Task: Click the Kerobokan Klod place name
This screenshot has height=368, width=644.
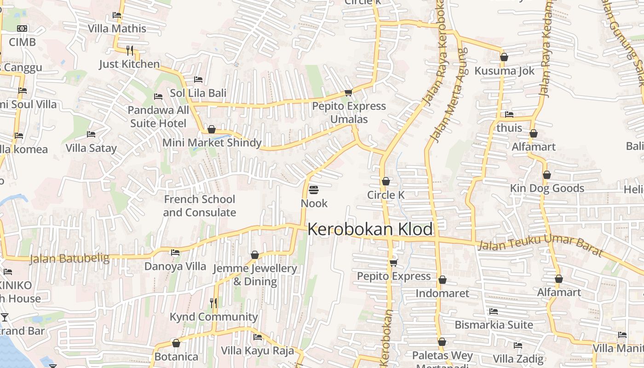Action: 370,229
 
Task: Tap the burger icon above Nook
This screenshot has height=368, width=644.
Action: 314,190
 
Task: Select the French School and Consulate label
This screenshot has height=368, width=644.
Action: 200,206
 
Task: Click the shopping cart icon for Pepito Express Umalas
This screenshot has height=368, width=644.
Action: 349,93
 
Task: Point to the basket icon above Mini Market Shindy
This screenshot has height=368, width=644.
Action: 212,129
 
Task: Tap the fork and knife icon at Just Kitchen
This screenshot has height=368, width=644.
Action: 130,50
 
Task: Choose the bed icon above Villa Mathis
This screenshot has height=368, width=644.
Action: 117,15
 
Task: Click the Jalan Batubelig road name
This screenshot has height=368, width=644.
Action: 69,259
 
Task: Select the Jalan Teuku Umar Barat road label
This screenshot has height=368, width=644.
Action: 540,245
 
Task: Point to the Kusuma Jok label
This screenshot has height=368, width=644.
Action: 505,71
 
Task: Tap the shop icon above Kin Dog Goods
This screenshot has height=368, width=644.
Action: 547,175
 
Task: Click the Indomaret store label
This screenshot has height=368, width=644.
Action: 443,293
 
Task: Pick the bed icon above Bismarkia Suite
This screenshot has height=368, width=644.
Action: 494,311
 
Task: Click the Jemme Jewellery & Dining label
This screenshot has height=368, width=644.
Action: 255,275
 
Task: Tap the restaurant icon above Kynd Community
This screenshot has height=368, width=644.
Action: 213,303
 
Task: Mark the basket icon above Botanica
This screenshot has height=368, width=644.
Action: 176,343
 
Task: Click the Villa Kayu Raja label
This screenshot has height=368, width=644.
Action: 257,351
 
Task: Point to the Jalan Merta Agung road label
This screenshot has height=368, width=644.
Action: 448,94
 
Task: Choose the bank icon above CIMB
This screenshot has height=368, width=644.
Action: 22,29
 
